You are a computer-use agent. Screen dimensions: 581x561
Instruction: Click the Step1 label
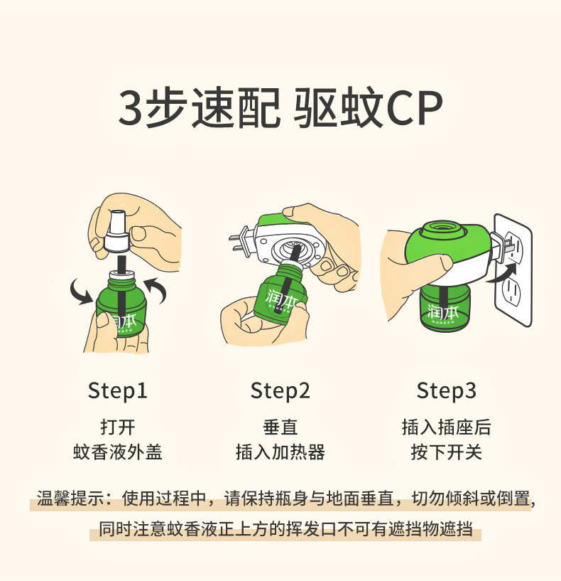point(118,390)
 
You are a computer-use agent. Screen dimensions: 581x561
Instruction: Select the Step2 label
point(280,390)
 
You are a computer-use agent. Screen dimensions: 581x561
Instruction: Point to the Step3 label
point(446,390)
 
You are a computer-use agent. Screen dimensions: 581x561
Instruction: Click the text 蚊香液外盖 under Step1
point(118,452)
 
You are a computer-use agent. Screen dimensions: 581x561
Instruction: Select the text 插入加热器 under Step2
point(280,452)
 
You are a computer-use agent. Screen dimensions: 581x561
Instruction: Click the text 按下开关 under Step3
point(446,452)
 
